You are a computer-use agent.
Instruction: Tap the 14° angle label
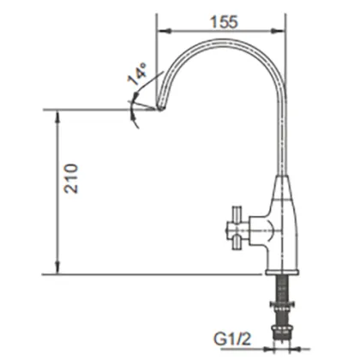tap(136, 77)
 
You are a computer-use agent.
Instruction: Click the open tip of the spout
tap(159, 108)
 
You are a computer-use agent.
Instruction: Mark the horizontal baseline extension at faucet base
tap(154, 274)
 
